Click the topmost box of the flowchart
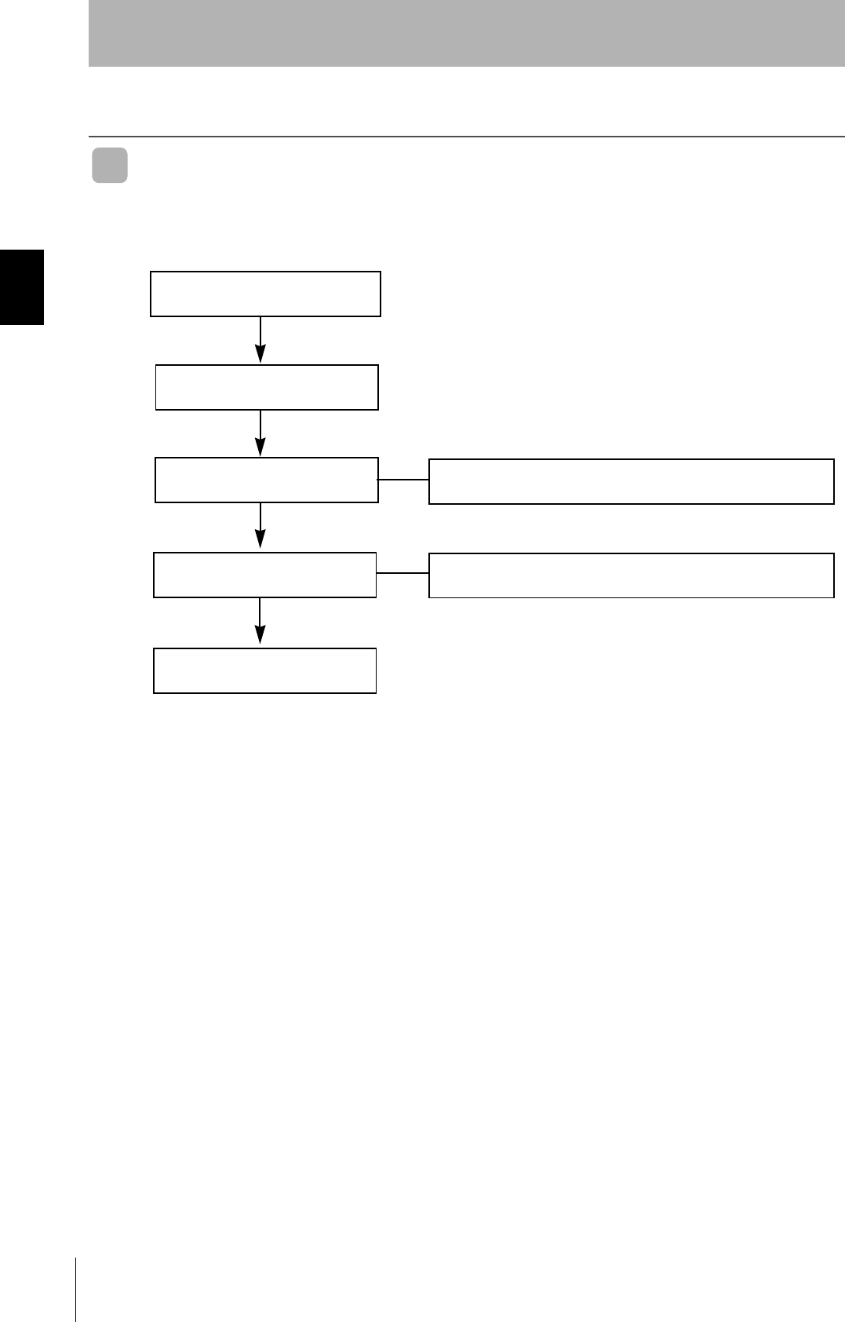(x=265, y=294)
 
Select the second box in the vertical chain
(x=267, y=387)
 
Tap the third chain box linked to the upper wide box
(x=267, y=480)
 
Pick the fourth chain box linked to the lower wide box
(x=265, y=575)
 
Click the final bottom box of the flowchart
(x=265, y=670)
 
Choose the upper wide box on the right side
(x=631, y=481)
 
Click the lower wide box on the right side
(x=631, y=575)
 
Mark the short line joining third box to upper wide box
(x=403, y=479)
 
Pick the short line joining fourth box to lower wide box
(x=402, y=574)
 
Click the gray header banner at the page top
(x=466, y=33)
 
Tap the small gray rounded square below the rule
(x=110, y=166)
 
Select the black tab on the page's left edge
(x=22, y=287)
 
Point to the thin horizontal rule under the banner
(x=466, y=137)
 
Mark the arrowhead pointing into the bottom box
(x=260, y=636)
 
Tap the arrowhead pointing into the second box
(x=260, y=353)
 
